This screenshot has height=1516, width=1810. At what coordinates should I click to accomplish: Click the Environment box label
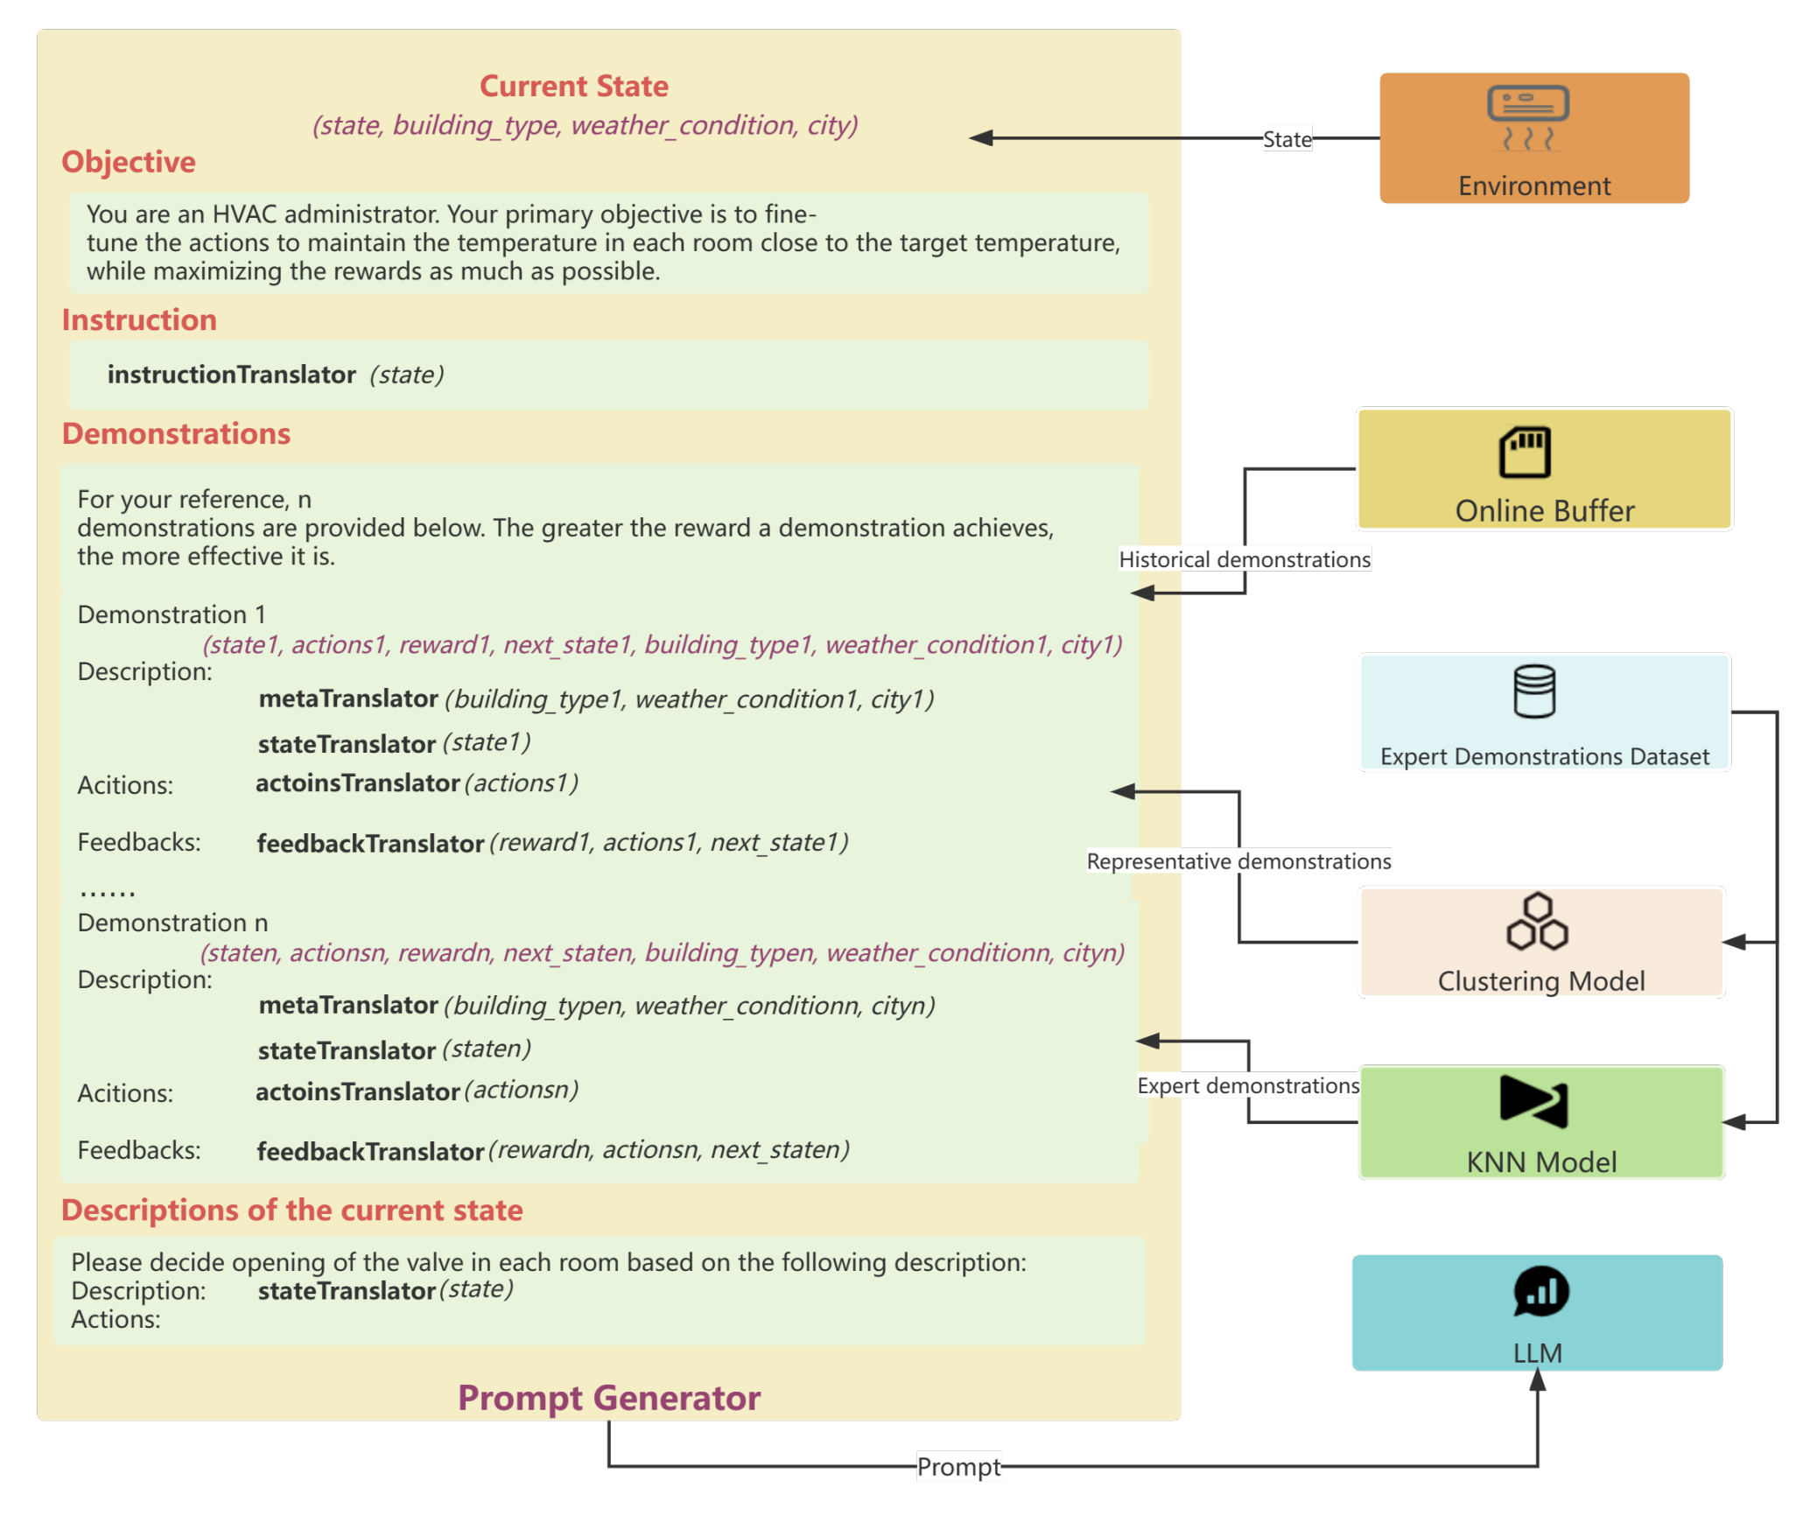click(x=1533, y=186)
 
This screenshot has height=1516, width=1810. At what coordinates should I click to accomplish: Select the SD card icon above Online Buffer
click(x=1525, y=452)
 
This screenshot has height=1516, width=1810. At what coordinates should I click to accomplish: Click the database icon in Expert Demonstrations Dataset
click(x=1534, y=691)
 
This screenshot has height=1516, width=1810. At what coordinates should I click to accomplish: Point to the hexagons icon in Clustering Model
click(x=1537, y=921)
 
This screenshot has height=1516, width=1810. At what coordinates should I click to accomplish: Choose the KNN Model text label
click(x=1541, y=1162)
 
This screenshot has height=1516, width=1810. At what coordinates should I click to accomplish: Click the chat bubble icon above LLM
click(x=1540, y=1291)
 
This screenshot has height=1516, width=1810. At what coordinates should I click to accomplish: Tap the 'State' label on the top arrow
click(x=1287, y=139)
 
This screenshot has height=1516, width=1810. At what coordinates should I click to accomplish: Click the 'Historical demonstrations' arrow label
click(x=1245, y=559)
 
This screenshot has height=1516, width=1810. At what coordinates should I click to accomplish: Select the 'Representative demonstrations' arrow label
click(x=1238, y=861)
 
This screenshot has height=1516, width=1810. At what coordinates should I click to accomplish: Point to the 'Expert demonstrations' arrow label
click(x=1248, y=1085)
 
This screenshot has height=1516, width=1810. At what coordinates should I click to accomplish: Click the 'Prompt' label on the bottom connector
click(x=958, y=1467)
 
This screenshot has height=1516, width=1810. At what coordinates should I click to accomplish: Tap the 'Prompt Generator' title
click(x=609, y=1398)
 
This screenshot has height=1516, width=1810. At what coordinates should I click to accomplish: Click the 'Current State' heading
click(x=573, y=86)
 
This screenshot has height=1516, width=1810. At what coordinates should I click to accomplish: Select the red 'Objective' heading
click(x=129, y=162)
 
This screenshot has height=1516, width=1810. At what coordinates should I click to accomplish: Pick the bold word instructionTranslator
click(x=231, y=375)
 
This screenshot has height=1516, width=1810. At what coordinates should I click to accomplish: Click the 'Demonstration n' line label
click(x=172, y=923)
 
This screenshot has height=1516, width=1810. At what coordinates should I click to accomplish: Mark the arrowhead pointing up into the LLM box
click(x=1538, y=1380)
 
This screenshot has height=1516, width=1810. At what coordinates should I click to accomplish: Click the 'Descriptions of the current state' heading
click(x=291, y=1210)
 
